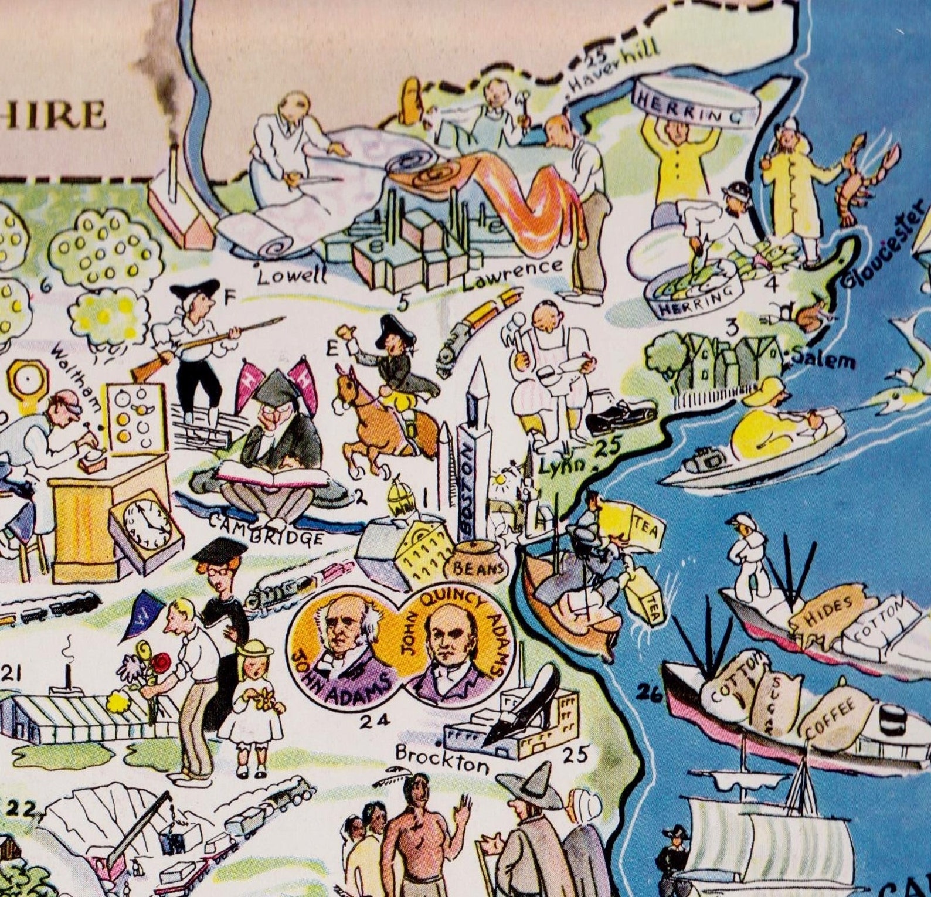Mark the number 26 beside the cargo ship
click(x=649, y=694)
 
